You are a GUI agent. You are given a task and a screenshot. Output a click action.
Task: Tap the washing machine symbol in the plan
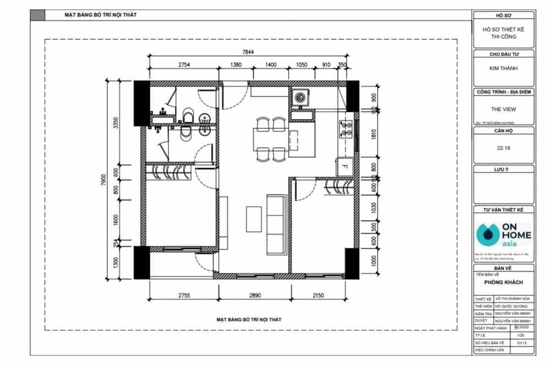coord(300,98)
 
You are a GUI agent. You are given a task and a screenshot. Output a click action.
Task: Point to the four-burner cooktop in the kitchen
coord(345,129)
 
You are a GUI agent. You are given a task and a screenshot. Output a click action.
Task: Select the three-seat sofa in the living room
coord(275,217)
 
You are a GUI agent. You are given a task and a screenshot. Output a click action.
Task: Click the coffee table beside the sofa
coord(255,218)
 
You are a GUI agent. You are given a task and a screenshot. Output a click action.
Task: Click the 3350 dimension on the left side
coord(116,122)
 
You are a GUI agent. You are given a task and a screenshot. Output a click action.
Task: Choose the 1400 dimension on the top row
coord(271,64)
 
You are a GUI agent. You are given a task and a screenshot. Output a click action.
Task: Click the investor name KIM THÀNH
coord(503,69)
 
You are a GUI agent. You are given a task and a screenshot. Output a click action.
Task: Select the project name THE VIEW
coord(503,109)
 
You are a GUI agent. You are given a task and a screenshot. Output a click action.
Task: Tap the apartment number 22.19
coord(503,148)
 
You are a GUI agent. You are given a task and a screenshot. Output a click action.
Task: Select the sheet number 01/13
coord(515,342)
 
